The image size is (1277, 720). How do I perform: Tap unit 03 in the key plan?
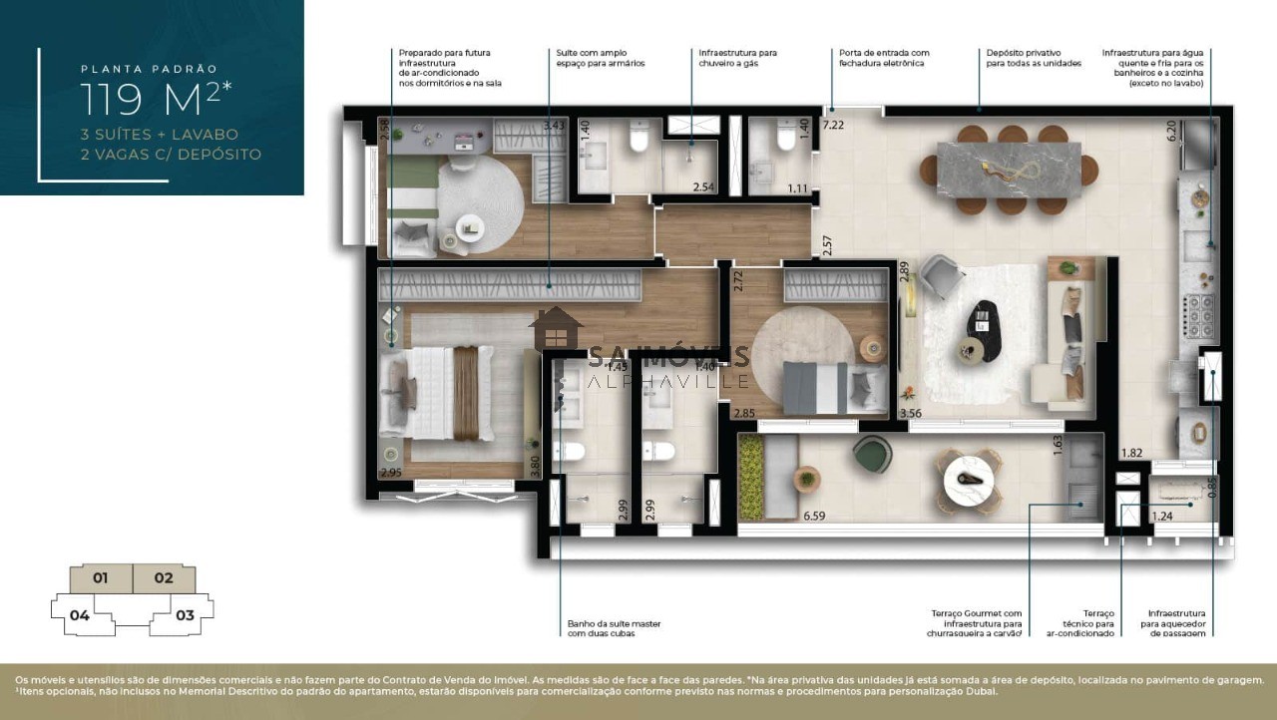coord(185,615)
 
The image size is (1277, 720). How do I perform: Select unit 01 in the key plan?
coord(100,577)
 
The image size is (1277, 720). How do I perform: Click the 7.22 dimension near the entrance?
coord(832,125)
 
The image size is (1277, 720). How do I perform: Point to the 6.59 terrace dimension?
coord(816,516)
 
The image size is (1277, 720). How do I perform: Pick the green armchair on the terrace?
coord(875,457)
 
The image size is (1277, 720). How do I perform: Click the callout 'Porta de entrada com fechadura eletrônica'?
coord(884,58)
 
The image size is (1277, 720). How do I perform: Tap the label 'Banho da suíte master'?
coord(614,628)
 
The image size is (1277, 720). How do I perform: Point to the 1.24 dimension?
coord(1162,516)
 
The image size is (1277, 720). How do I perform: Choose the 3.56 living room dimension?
coord(909,413)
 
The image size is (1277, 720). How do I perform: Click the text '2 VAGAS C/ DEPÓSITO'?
coord(172,155)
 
